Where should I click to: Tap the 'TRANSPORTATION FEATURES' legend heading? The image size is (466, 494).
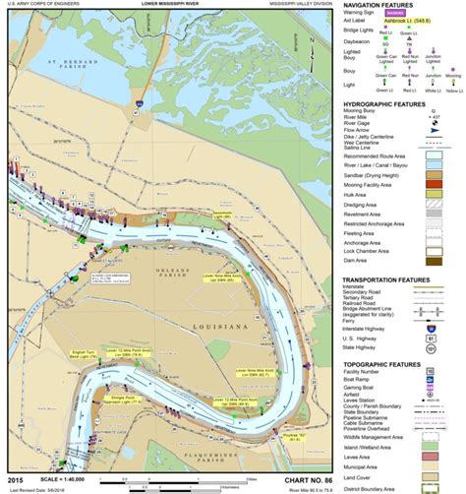(x=391, y=278)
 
